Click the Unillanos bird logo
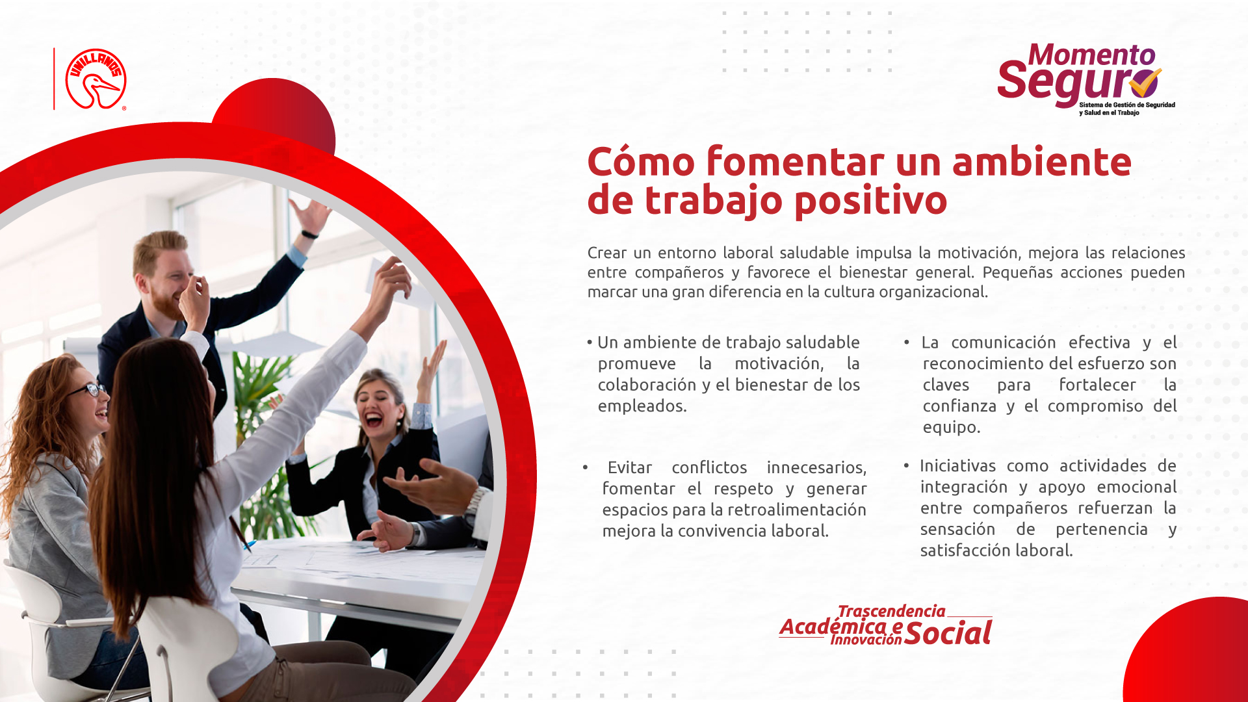pyautogui.click(x=96, y=79)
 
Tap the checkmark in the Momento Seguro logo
pyautogui.click(x=1145, y=82)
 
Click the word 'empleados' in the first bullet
pyautogui.click(x=642, y=406)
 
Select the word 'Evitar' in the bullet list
pyautogui.click(x=629, y=467)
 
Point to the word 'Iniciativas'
pyautogui.click(x=957, y=466)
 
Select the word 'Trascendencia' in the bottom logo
pyautogui.click(x=891, y=611)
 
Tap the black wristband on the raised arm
pyautogui.click(x=309, y=234)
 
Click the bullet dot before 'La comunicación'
pyautogui.click(x=906, y=343)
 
